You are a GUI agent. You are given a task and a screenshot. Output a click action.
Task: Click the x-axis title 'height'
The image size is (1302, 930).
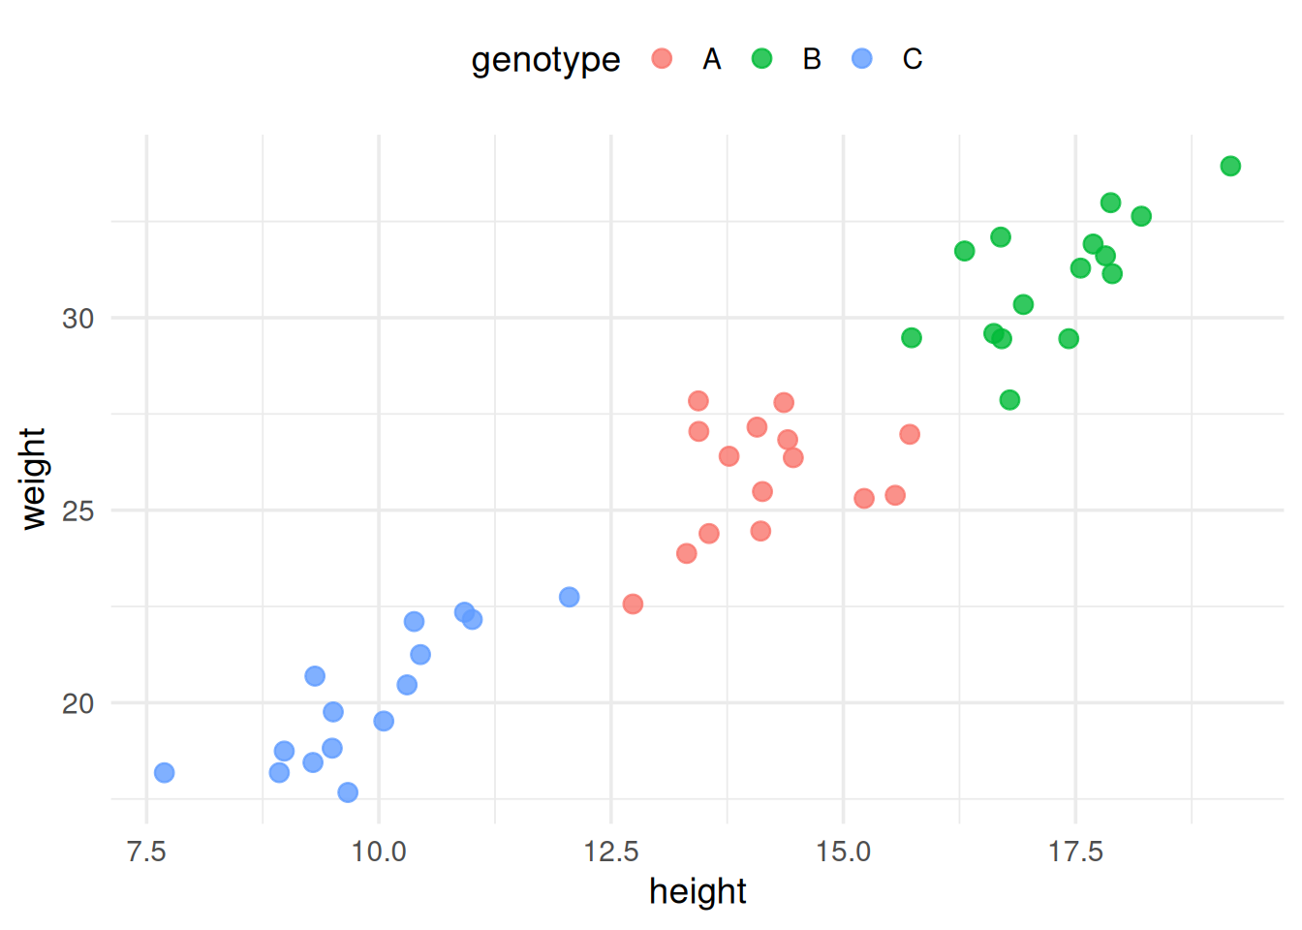click(x=697, y=891)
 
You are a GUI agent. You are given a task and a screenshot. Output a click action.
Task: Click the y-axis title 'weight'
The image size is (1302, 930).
click(x=34, y=479)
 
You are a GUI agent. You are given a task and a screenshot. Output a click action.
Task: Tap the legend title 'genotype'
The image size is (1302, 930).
click(x=545, y=60)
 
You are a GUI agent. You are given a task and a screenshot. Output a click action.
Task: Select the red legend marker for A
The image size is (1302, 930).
click(x=662, y=59)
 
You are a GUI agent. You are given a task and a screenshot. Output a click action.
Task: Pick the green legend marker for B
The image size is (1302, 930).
click(x=762, y=59)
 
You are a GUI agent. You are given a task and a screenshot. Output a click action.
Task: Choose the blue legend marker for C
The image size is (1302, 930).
click(x=862, y=59)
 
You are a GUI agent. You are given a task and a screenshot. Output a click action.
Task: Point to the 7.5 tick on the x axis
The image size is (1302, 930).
click(x=146, y=852)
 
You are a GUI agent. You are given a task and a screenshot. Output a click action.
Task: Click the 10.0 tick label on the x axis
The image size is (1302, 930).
click(x=379, y=852)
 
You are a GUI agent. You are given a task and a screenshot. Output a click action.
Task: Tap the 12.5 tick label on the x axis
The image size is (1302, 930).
click(x=611, y=852)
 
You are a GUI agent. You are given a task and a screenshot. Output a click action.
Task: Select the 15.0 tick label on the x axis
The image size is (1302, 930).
click(x=843, y=852)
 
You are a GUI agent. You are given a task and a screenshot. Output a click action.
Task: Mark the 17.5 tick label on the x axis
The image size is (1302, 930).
click(x=1075, y=852)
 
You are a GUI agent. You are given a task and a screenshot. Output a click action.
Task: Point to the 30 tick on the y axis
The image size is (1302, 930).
click(x=78, y=319)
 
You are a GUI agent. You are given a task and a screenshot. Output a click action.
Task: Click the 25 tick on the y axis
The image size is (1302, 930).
click(x=78, y=511)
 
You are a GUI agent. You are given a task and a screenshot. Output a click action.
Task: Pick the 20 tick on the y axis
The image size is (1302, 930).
click(x=78, y=703)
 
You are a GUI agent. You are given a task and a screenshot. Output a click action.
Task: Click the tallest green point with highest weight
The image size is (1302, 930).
click(x=1230, y=167)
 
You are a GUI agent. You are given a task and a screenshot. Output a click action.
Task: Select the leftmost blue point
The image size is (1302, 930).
click(x=165, y=773)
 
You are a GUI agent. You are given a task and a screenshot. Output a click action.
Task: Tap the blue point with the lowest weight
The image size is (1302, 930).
click(x=348, y=792)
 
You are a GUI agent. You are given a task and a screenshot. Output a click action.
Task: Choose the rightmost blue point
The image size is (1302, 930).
click(x=570, y=598)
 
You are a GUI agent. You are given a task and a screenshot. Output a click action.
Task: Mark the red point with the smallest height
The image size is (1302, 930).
click(x=633, y=604)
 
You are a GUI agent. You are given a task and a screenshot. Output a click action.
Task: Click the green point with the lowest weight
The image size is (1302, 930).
click(x=1009, y=400)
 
